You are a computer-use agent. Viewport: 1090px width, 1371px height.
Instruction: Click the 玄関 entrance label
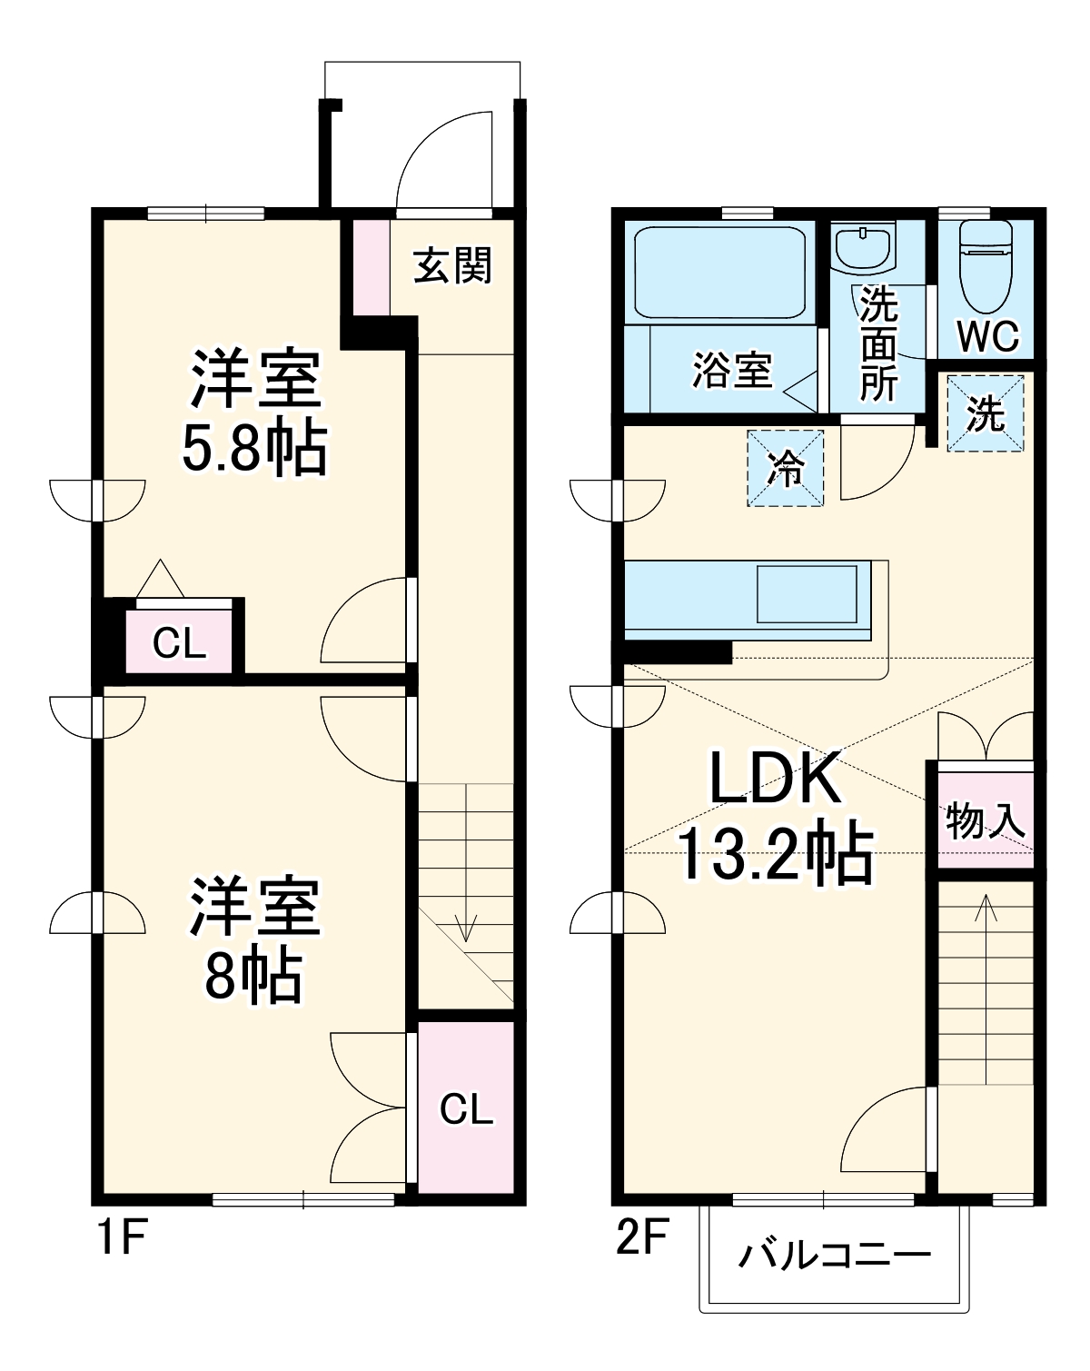click(x=453, y=266)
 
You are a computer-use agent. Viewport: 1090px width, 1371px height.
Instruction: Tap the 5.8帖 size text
click(x=253, y=447)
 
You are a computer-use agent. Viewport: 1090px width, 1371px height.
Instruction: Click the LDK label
click(x=774, y=780)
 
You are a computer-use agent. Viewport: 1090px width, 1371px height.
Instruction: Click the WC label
click(x=989, y=336)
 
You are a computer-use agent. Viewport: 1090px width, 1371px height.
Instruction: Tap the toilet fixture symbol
click(x=986, y=263)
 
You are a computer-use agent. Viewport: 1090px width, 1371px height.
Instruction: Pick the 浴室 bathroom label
click(x=731, y=370)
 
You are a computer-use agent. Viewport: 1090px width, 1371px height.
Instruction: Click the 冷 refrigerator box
click(x=786, y=468)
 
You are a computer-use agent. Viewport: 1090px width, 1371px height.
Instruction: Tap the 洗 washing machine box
click(x=986, y=414)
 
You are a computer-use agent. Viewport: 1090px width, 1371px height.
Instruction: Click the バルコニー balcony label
click(x=834, y=1256)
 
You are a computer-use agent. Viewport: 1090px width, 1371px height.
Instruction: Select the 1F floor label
click(x=121, y=1237)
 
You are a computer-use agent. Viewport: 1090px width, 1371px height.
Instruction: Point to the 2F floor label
click(x=642, y=1237)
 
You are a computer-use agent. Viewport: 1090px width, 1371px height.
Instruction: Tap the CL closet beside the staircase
click(x=466, y=1108)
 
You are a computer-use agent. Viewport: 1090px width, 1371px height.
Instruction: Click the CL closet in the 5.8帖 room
click(x=179, y=643)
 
